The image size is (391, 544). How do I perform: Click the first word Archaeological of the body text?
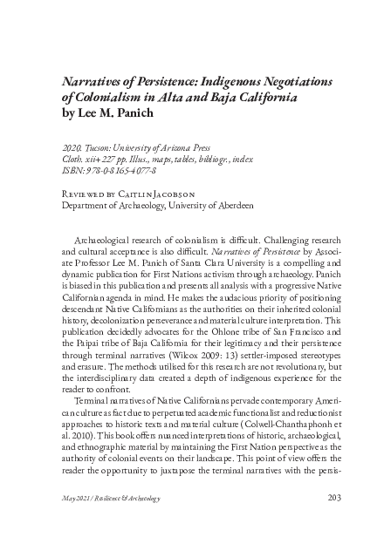point(116,236)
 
